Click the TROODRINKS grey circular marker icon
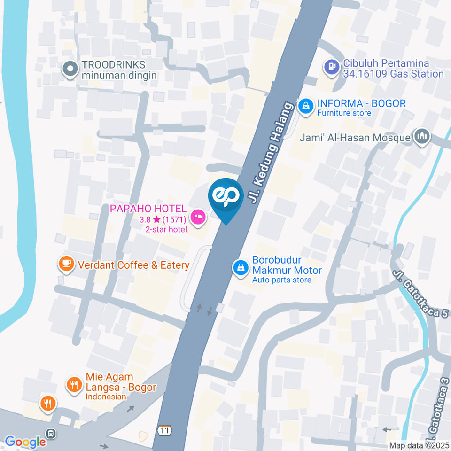click(70, 70)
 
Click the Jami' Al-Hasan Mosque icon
click(421, 137)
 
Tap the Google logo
click(25, 442)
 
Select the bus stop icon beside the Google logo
click(50, 434)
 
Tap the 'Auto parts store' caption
click(281, 280)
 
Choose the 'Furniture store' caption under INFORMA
click(344, 113)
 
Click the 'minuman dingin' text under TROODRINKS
click(119, 75)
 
